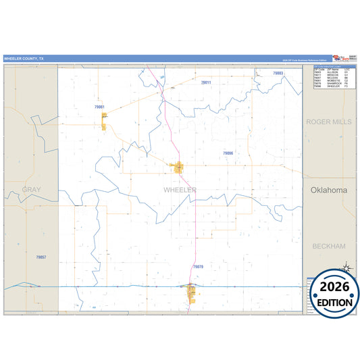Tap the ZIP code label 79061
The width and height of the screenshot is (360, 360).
[x=100, y=107]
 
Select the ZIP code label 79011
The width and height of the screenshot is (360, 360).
[x=206, y=82]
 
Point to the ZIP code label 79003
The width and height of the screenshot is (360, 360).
[x=278, y=73]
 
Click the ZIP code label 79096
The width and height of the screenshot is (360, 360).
[x=228, y=153]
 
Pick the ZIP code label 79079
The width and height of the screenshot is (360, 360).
[x=198, y=267]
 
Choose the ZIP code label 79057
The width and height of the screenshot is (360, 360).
[x=41, y=257]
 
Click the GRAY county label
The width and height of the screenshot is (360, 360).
[x=31, y=190]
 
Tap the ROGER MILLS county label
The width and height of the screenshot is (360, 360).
[x=328, y=122]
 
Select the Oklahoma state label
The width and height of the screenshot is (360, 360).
[x=328, y=190]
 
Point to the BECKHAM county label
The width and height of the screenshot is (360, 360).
[x=329, y=247]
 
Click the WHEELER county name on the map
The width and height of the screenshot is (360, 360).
[x=180, y=190]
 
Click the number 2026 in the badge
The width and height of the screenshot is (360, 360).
[x=331, y=286]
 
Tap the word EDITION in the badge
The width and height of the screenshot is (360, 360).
[x=331, y=302]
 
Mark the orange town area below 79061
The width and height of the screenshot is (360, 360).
[x=105, y=122]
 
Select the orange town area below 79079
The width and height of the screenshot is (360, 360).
[x=192, y=292]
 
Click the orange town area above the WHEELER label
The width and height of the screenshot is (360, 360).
[x=178, y=168]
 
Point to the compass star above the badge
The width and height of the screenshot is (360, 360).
[x=346, y=267]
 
